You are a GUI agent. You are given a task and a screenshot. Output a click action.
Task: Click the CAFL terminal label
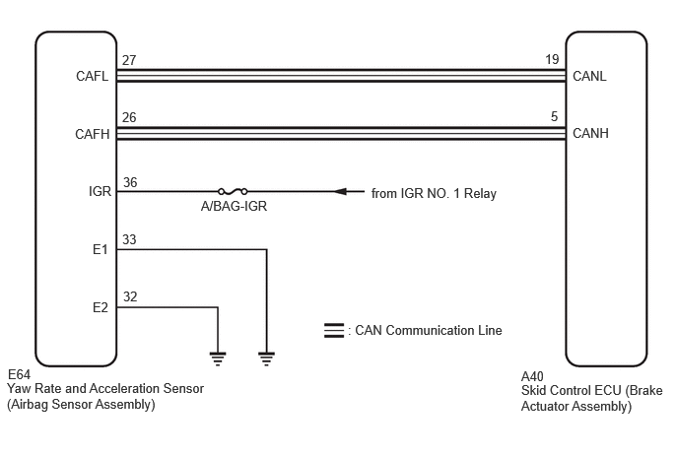92,76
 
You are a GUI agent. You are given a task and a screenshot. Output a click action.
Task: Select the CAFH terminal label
92,134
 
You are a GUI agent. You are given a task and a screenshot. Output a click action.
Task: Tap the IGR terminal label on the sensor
100,191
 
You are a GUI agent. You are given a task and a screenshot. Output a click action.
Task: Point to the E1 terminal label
100,249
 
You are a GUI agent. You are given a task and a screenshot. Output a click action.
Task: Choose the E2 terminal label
100,307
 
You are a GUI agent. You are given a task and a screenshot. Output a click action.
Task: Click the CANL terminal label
589,76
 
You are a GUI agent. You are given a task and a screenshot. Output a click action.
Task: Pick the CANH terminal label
590,133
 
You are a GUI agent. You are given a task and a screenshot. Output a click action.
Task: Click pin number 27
129,60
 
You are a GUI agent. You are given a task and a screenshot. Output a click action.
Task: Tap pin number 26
129,117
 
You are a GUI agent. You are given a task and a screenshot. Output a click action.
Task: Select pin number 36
130,182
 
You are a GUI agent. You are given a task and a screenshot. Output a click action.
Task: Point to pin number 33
129,239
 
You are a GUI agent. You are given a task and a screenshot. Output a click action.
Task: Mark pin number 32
130,296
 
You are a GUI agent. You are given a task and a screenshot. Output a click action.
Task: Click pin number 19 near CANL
552,59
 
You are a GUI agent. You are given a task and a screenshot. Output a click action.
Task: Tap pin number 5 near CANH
555,116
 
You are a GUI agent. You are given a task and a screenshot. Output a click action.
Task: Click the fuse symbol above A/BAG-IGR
233,191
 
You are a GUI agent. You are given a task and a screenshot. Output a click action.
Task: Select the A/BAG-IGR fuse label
234,206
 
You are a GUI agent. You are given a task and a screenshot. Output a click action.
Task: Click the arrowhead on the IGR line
340,191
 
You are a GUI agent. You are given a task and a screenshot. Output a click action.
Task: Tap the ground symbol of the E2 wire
218,359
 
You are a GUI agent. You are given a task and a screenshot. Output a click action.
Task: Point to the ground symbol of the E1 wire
266,359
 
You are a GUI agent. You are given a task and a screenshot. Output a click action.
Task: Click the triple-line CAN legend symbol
334,330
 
